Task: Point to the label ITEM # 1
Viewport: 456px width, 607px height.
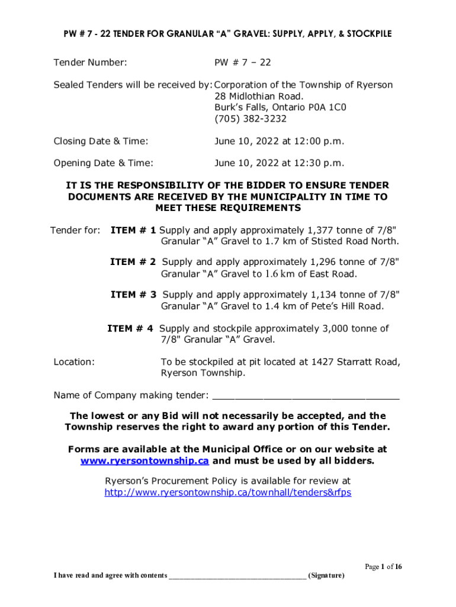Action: tap(133, 229)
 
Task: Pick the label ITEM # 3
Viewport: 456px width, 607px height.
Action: tap(134, 295)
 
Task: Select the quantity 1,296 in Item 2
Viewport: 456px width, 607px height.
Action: tap(325, 262)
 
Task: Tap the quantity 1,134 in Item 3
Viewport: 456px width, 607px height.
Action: tap(326, 295)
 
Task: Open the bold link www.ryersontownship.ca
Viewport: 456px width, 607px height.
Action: tap(144, 461)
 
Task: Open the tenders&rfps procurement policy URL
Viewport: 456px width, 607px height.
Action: tap(228, 493)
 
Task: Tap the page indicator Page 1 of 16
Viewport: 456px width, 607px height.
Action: tap(383, 567)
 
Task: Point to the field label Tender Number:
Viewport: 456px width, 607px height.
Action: tap(90, 62)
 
